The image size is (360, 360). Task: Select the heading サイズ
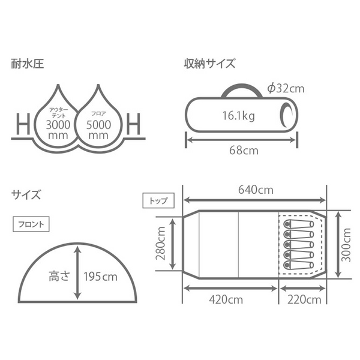[x=26, y=194]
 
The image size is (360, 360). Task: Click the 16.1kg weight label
[x=237, y=116]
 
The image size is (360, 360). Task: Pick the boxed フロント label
[x=29, y=225]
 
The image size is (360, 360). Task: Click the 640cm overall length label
[x=255, y=191]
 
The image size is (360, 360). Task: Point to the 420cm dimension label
[x=230, y=299]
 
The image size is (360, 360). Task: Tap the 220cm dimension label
[x=303, y=299]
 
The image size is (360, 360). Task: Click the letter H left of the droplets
[x=22, y=125]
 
